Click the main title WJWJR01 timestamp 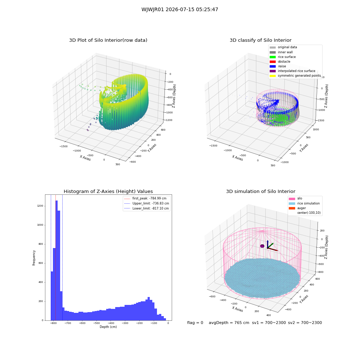pos(180,9)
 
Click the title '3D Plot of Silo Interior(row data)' pos(108,40)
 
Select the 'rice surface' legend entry pos(283,57)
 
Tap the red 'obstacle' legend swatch pos(273,62)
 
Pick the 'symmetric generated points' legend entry pos(295,76)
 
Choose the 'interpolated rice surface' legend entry pos(292,71)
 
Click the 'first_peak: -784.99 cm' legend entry pos(145,198)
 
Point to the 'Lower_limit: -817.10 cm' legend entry pos(147,208)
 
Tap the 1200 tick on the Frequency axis pos(40,206)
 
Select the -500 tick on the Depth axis pos(96,323)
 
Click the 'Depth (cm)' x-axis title pos(108,327)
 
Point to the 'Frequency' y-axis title pos(34,258)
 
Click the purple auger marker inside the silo pos(262,246)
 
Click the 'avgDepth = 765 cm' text pos(229,323)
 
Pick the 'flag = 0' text pos(195,323)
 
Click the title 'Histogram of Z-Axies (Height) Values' pos(108,192)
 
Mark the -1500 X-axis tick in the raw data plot pos(64,146)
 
